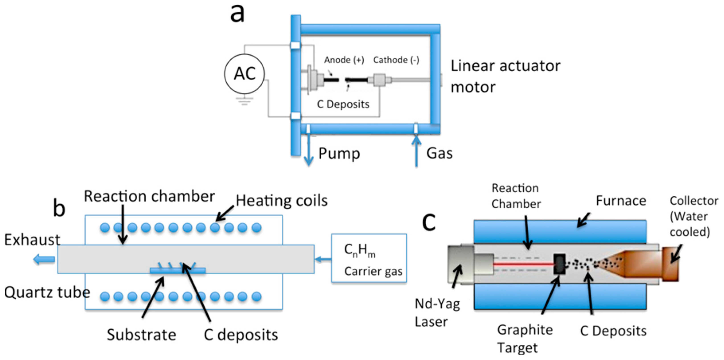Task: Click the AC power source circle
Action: (244, 74)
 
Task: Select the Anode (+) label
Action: (344, 60)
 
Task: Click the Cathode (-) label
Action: (396, 60)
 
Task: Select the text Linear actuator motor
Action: (505, 76)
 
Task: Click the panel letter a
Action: (237, 14)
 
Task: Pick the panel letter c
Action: (429, 221)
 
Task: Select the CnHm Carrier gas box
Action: (369, 258)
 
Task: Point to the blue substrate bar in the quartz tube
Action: (178, 271)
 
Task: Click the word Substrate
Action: (141, 335)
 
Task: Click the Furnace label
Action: (621, 201)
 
